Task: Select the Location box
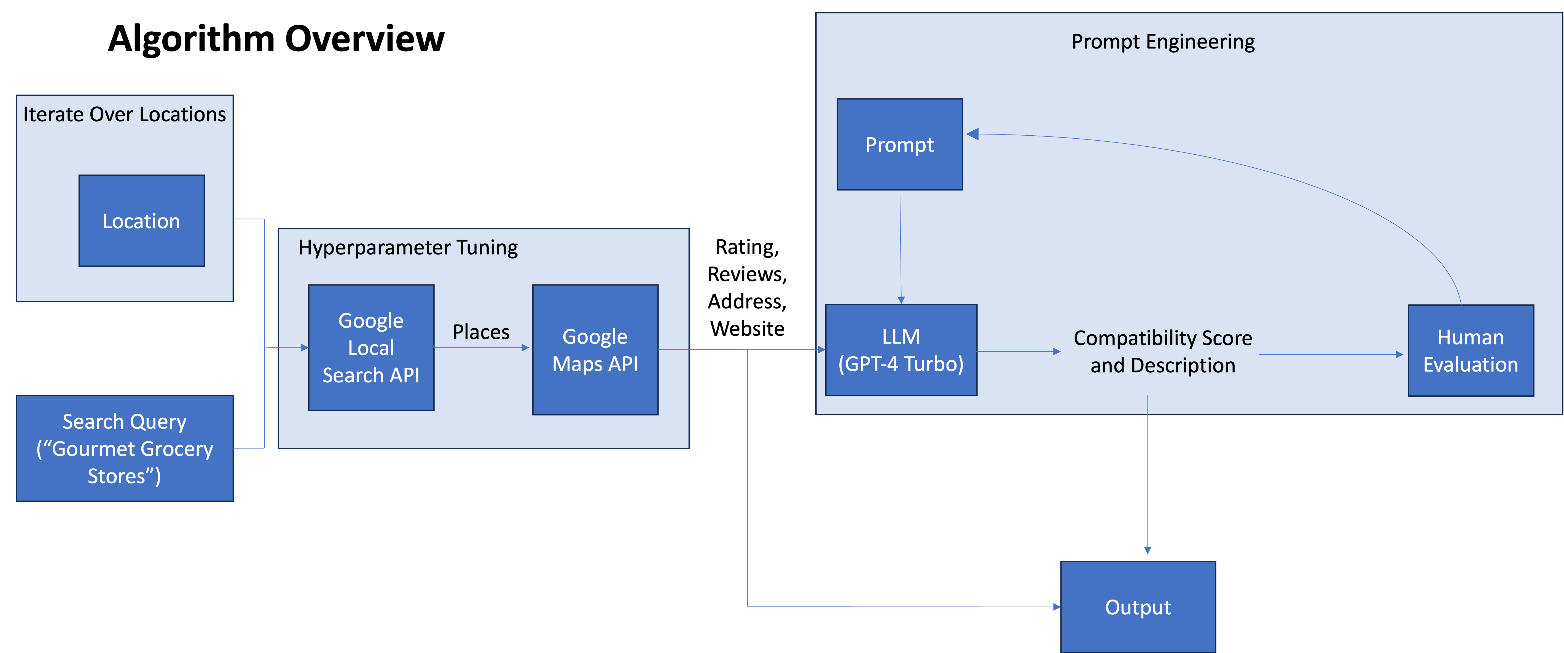pyautogui.click(x=141, y=221)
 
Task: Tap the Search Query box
pyautogui.click(x=125, y=448)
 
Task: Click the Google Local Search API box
pyautogui.click(x=371, y=348)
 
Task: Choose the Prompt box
pyautogui.click(x=900, y=144)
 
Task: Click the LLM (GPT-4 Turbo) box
pyautogui.click(x=901, y=350)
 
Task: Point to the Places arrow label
pyautogui.click(x=481, y=332)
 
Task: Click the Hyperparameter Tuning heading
pyautogui.click(x=408, y=248)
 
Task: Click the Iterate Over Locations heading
pyautogui.click(x=125, y=114)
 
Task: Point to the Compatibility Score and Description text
pyautogui.click(x=1163, y=351)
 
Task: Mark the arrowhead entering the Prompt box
pyautogui.click(x=972, y=134)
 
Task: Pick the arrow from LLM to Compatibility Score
pyautogui.click(x=1019, y=351)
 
